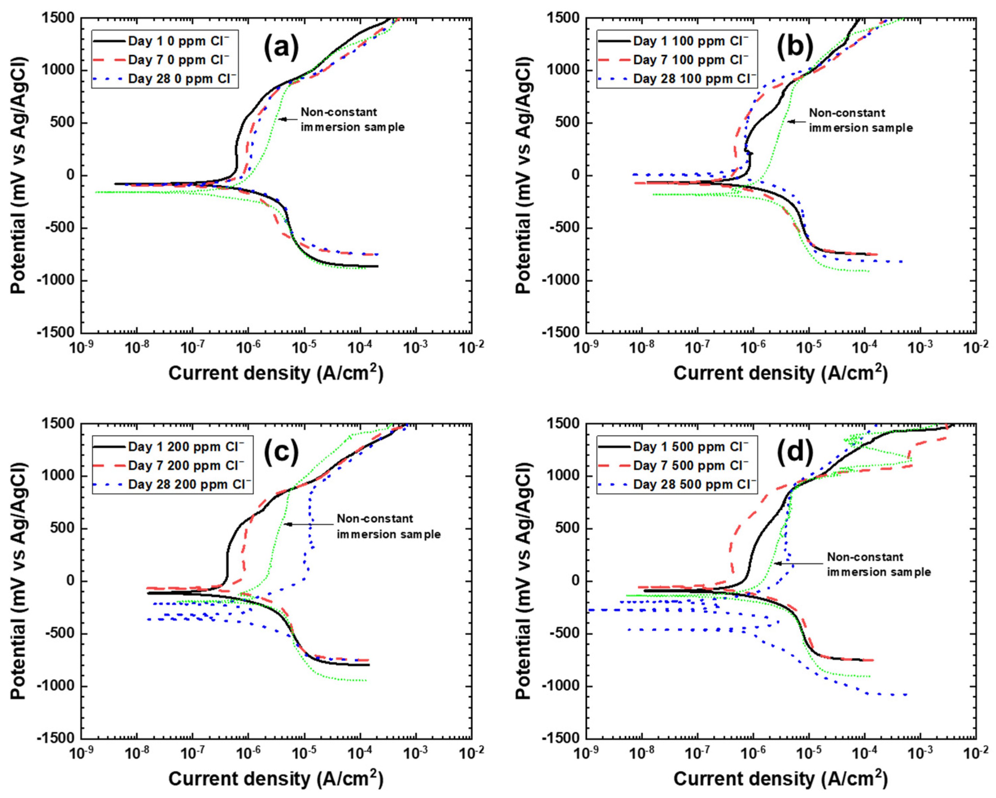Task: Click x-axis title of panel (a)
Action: [276, 373]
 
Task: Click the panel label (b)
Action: [794, 48]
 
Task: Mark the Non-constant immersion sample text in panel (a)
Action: [353, 119]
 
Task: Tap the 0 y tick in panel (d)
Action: [575, 581]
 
